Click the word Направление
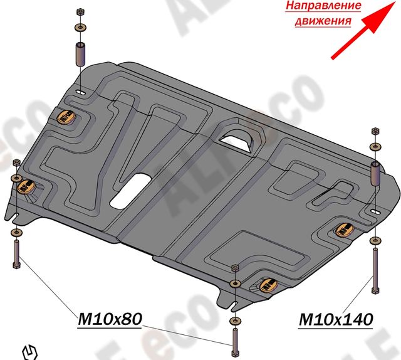[323, 7]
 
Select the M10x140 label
[335, 320]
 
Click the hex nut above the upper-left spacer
[80, 13]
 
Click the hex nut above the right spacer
[375, 132]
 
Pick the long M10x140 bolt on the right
[375, 270]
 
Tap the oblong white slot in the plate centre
[129, 191]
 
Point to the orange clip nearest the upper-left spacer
[66, 116]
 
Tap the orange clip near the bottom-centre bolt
[268, 285]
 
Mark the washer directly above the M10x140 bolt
[375, 240]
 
